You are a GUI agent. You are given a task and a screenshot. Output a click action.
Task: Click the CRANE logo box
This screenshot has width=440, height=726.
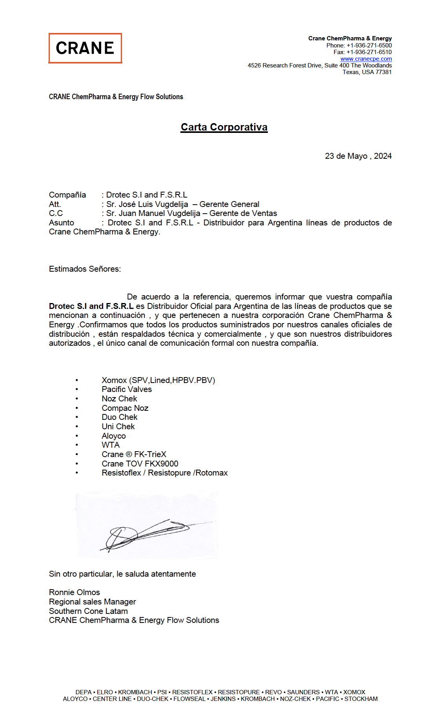click(85, 48)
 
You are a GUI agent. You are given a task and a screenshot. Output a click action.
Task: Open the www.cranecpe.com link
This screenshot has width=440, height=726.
click(366, 59)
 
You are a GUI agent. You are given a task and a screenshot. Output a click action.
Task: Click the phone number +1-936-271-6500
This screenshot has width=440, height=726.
click(369, 45)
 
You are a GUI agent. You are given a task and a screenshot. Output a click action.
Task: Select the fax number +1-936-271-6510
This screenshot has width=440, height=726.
click(369, 52)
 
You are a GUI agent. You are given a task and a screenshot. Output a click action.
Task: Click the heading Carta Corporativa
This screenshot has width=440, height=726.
click(224, 127)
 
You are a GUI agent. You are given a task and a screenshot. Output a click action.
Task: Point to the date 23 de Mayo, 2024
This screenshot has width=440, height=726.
click(358, 156)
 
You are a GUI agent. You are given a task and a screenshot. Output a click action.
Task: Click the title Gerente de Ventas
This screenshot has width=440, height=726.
click(243, 213)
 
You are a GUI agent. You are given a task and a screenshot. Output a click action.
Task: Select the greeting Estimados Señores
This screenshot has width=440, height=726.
click(85, 269)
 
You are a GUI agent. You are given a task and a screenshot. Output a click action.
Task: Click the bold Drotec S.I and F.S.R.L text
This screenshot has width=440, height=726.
click(91, 306)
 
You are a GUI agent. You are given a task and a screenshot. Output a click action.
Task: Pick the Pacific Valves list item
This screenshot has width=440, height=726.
click(127, 389)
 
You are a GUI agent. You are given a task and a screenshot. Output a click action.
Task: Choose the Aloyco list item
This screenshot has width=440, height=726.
click(114, 436)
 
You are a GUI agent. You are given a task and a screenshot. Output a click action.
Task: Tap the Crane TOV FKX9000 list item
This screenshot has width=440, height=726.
click(140, 464)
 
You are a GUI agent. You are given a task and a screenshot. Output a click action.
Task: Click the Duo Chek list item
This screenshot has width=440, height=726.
click(120, 417)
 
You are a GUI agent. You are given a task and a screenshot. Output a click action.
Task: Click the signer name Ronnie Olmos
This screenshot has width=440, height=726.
click(75, 592)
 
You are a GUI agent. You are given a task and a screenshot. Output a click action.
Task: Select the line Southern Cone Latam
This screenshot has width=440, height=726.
click(88, 611)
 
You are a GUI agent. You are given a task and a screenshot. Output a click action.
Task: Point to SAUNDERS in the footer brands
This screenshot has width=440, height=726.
click(303, 692)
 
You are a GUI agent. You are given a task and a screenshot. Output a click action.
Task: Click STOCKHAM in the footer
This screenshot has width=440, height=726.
click(361, 699)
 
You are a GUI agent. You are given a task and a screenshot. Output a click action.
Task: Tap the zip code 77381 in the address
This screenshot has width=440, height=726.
click(384, 72)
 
